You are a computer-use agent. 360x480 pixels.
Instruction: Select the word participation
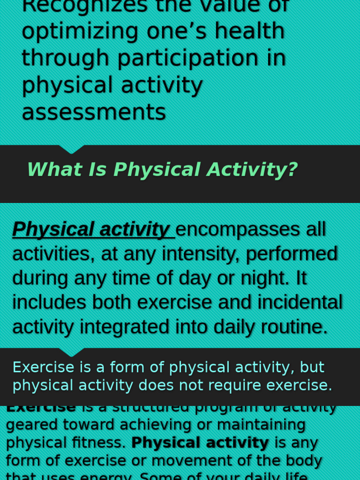point(187,58)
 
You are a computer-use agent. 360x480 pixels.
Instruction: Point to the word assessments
point(94,112)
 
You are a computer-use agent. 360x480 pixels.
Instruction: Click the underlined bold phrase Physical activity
point(91,229)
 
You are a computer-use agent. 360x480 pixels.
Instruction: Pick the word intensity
point(200,254)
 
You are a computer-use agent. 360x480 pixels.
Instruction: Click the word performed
point(292,254)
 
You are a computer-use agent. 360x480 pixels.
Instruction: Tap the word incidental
point(291,302)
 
